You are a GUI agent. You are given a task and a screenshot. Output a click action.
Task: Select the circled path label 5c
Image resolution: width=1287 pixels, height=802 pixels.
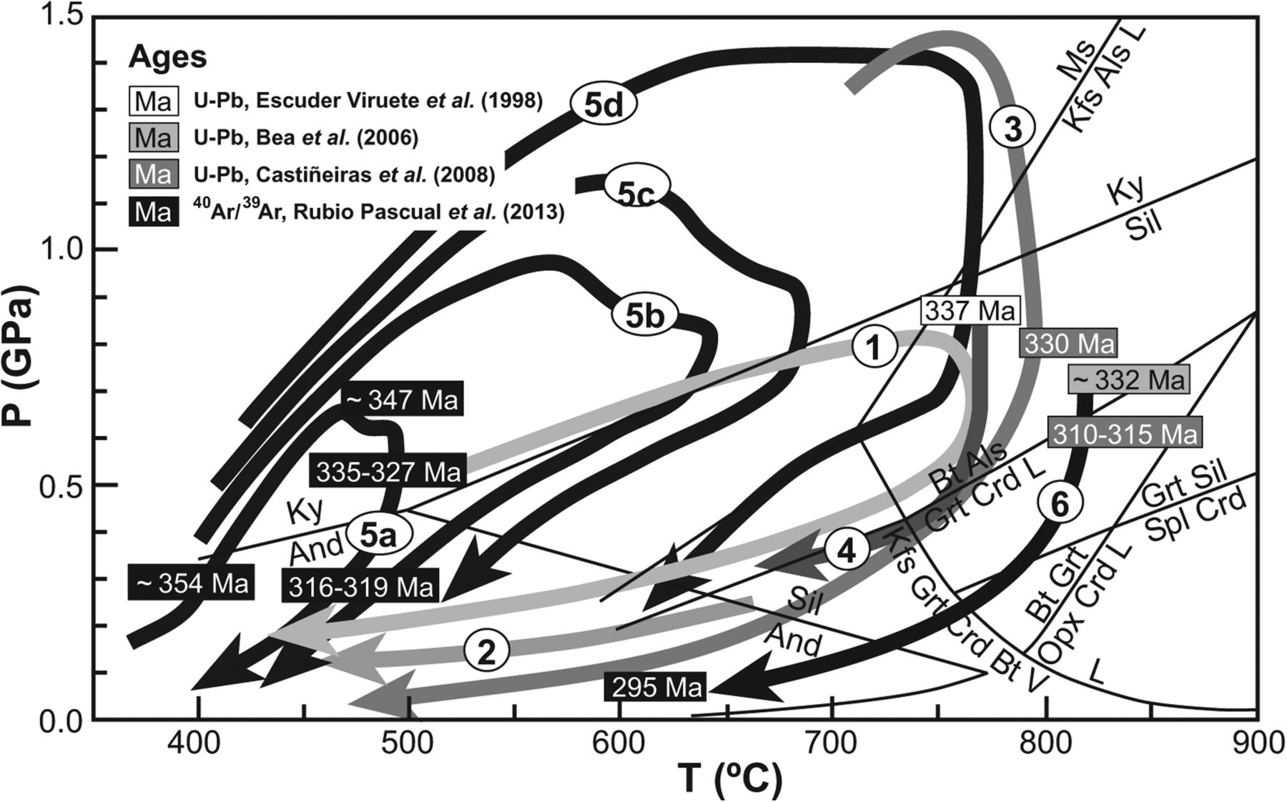636,188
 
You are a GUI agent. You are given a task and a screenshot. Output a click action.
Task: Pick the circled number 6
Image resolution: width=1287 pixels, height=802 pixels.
1060,505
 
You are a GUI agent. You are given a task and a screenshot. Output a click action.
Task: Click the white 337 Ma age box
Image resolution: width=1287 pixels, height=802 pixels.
970,312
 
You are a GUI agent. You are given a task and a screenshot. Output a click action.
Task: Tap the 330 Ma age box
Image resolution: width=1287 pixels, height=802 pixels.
1068,344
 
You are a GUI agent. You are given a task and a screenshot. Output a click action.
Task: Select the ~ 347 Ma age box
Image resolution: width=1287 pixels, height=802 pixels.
402,400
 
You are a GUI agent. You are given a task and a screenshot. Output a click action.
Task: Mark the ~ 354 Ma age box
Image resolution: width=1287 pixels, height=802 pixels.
192,583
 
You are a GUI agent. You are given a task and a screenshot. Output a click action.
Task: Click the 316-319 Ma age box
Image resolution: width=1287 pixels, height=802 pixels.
361,586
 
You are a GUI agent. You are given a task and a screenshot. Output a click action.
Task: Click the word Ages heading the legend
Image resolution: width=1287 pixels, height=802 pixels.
168,56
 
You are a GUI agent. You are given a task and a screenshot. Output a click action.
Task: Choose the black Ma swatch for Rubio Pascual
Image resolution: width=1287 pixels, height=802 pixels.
153,212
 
